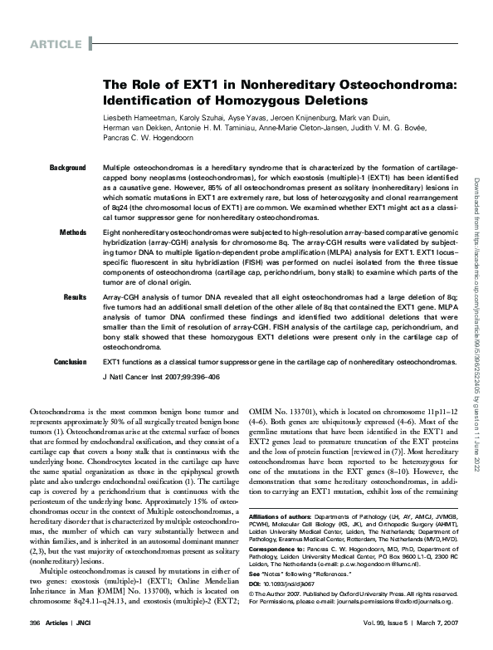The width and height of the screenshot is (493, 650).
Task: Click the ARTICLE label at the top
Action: pos(56,43)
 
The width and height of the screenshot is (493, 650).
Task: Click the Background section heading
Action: pos(68,168)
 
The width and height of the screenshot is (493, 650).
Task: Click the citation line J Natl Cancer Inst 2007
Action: pos(162,376)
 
